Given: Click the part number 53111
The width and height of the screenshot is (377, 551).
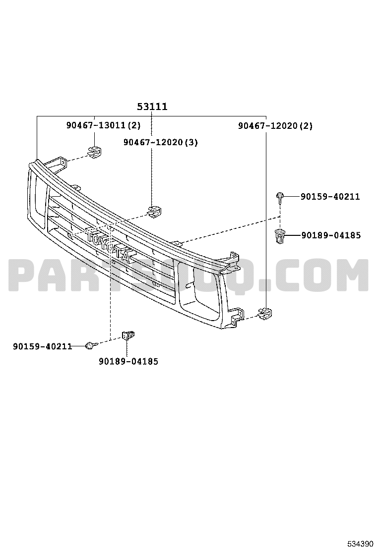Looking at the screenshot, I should coord(152,107).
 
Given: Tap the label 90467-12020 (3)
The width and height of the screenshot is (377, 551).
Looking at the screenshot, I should coord(161,143).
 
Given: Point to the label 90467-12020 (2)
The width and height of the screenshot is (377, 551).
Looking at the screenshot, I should coord(275,126).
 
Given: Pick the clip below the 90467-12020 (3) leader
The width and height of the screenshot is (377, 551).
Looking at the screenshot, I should coord(156,210).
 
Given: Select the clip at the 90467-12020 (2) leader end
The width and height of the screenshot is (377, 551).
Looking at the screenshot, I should coord(266,313).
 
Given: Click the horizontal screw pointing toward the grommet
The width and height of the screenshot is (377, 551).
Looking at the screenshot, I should coord(90,345).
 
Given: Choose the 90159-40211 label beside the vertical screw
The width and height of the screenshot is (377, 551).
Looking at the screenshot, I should coord(330,197).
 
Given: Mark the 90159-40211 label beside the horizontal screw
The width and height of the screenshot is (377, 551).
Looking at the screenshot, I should coord(43,346).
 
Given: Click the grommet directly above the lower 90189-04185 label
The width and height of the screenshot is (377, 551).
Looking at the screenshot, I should coord(129,336).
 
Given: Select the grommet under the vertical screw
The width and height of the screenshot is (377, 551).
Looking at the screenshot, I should coord(280,235).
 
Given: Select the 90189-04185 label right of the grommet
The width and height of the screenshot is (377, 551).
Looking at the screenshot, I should coord(331,235).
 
